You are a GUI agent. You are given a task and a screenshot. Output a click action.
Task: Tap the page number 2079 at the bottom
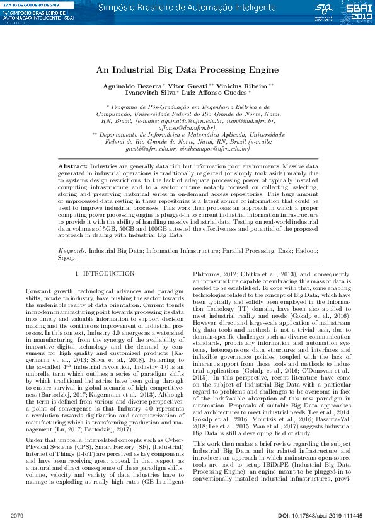pyautogui.click(x=17, y=517)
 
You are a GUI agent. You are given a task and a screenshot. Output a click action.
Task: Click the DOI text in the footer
pyautogui.click(x=320, y=517)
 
